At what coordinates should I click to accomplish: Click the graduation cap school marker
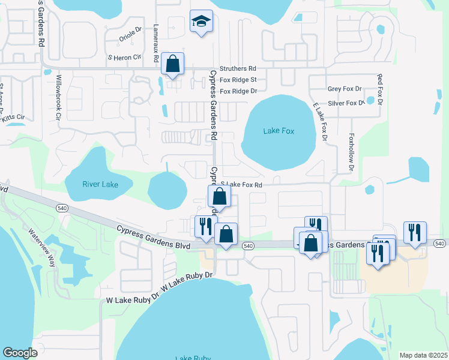click(x=201, y=22)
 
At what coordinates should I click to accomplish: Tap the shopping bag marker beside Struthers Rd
click(x=172, y=64)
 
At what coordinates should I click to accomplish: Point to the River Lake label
click(x=100, y=184)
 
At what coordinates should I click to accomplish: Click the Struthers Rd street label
click(x=238, y=69)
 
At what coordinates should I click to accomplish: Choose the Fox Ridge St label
click(x=238, y=80)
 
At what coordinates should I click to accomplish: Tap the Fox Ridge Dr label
click(x=238, y=91)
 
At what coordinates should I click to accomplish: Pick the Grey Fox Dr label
click(x=345, y=89)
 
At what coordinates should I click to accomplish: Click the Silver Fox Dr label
click(x=346, y=103)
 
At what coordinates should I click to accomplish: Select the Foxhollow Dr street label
click(x=351, y=151)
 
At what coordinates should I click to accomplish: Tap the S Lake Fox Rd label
click(x=241, y=185)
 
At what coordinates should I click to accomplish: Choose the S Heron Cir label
click(x=124, y=58)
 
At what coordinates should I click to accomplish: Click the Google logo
click(x=20, y=353)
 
